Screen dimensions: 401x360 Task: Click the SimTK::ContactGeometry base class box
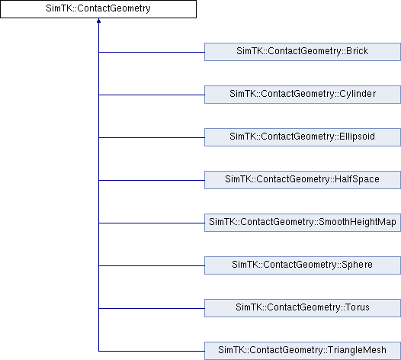[98, 9]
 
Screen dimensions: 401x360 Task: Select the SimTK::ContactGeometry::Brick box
[303, 52]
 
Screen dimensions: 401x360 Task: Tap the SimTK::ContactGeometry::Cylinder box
[303, 95]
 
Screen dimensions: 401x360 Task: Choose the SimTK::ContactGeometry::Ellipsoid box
[303, 137]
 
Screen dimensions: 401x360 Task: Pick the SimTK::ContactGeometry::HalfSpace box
[303, 180]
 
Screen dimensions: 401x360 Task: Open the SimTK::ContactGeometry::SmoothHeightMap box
[303, 223]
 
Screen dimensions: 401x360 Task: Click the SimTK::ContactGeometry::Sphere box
[303, 265]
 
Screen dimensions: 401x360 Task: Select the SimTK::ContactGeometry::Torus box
[303, 308]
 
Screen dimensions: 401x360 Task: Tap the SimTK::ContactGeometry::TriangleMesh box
[303, 351]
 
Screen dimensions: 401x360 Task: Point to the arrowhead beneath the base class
[98, 21]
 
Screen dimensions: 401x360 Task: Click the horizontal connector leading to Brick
[152, 52]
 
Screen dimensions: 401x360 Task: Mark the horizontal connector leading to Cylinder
[152, 95]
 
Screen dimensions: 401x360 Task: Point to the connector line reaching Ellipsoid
[152, 137]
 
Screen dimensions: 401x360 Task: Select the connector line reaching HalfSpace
[152, 181]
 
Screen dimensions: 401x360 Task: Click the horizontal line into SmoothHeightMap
[152, 223]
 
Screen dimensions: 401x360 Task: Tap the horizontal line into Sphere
[152, 266]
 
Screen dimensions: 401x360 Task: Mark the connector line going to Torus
[152, 309]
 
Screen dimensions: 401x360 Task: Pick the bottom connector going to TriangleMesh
[152, 352]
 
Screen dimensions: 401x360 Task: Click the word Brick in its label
[357, 51]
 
